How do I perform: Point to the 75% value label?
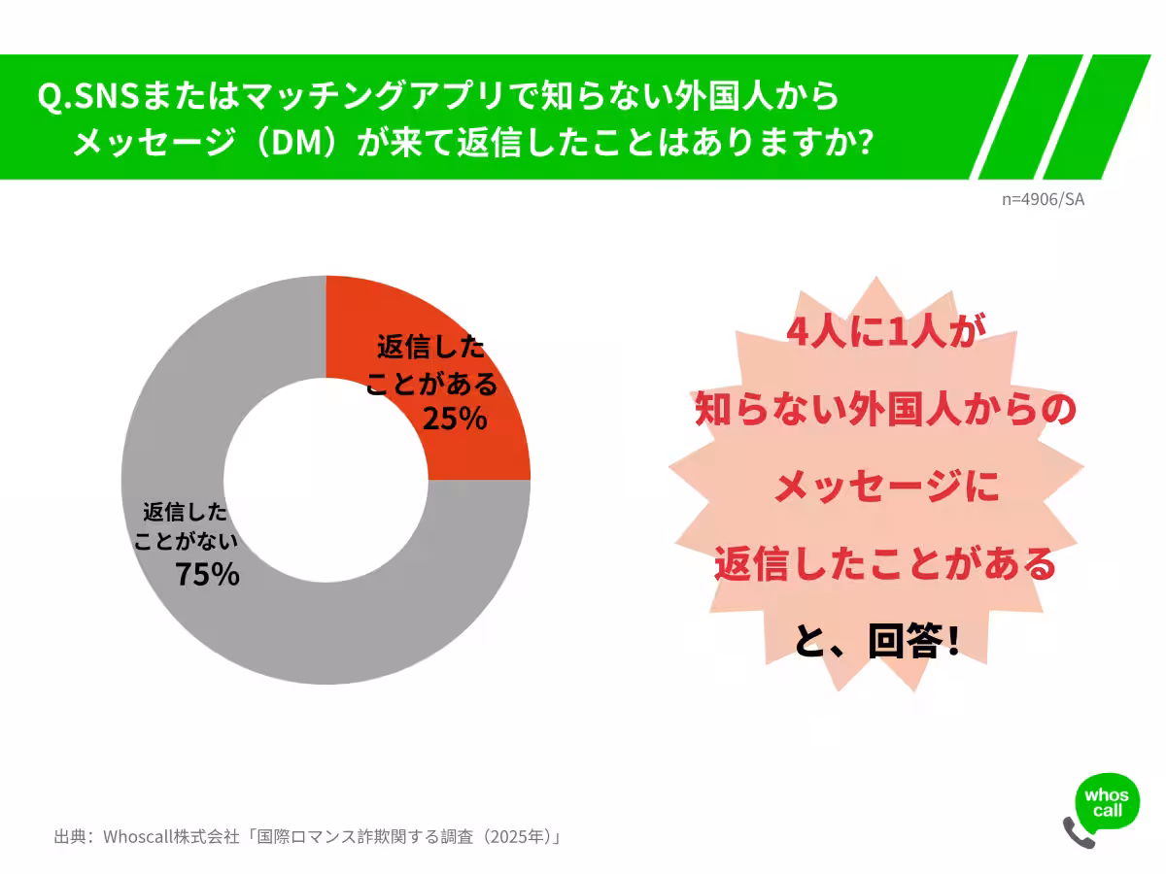tap(207, 574)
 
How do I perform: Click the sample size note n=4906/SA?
tap(1043, 199)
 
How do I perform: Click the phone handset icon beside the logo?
tap(1078, 833)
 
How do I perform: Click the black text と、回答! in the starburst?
tap(877, 643)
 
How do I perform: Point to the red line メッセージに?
tap(885, 486)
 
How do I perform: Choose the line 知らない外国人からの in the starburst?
tap(885, 410)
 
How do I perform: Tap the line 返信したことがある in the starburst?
tap(885, 563)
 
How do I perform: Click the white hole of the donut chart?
tap(326, 480)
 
